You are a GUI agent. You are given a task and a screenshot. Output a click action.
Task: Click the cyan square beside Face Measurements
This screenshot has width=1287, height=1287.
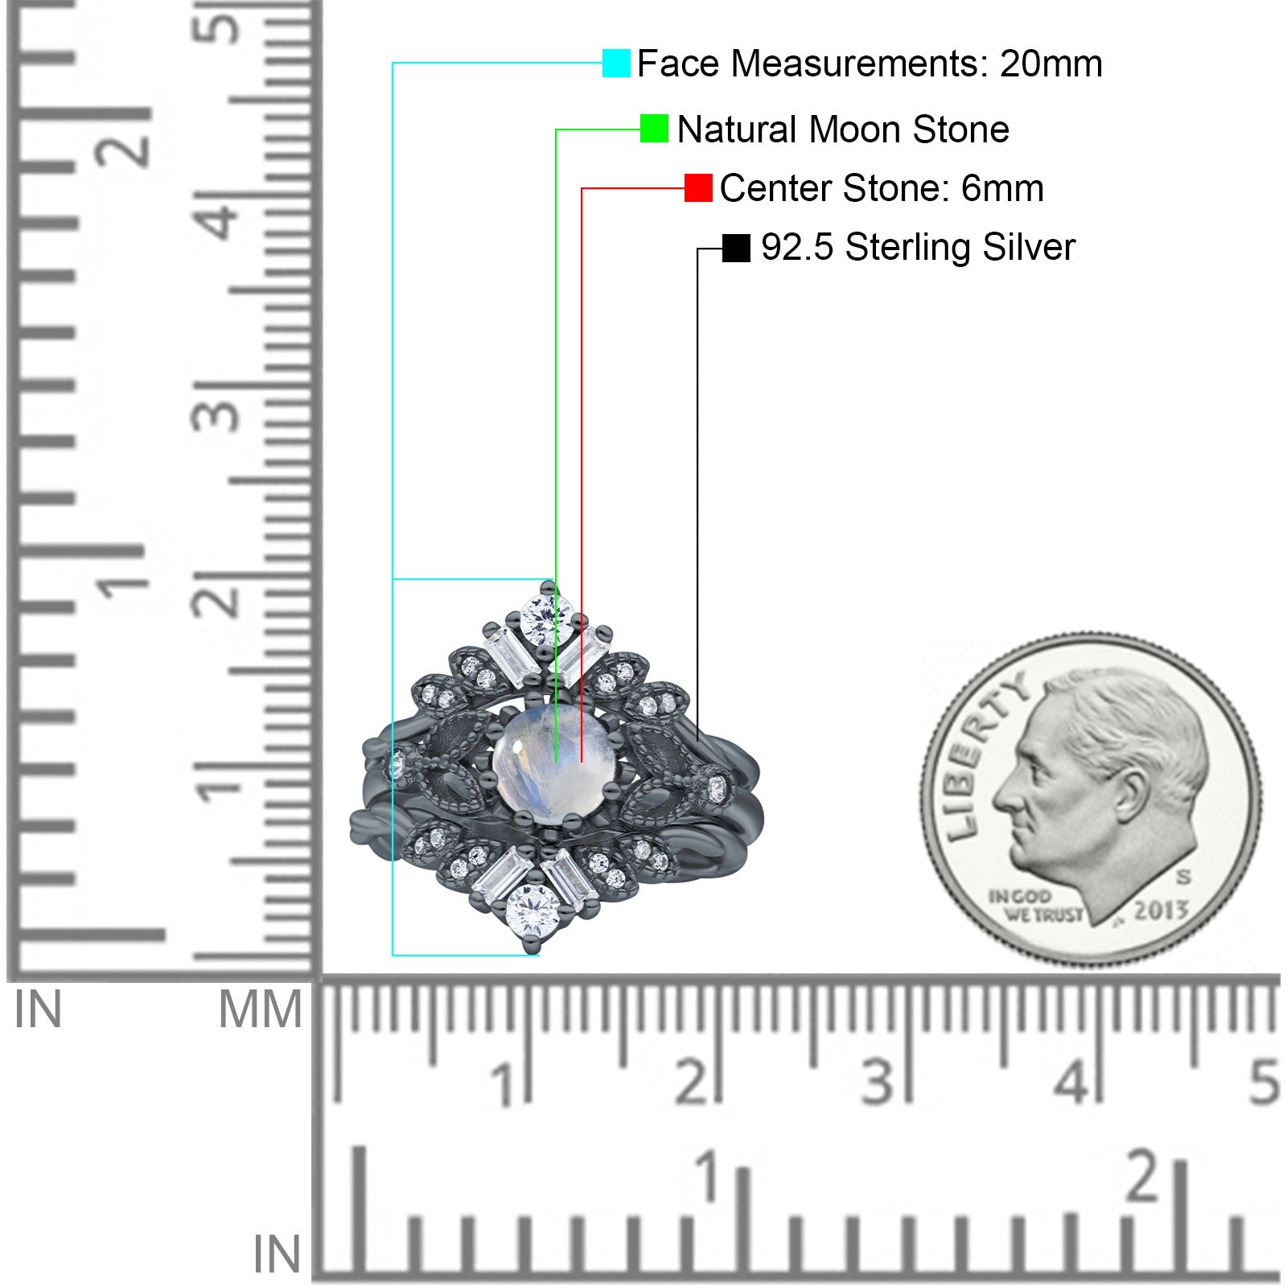coord(616,63)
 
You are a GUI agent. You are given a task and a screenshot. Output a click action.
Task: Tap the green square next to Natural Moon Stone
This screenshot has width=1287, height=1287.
coord(654,129)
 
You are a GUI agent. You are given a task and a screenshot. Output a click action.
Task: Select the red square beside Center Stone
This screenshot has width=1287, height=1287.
coord(698,188)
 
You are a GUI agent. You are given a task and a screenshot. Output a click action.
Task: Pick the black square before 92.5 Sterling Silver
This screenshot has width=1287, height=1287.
coord(736,248)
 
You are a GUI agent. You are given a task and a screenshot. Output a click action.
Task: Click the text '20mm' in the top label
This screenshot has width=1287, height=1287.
coord(1051,64)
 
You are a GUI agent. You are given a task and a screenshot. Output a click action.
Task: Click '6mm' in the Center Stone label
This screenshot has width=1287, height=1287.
coord(1002,189)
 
